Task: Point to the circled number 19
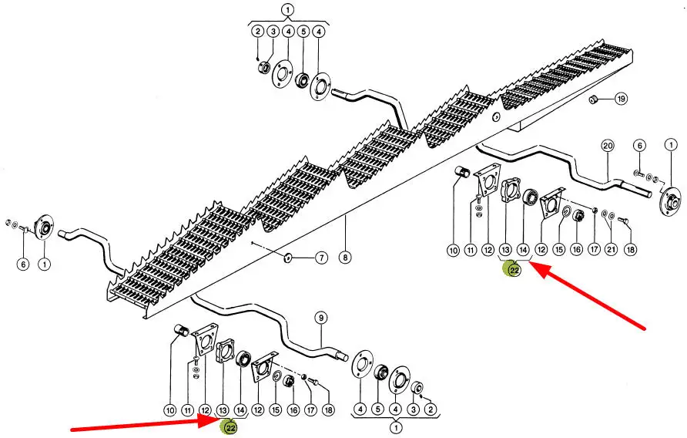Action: click(621, 99)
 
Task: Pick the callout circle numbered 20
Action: click(606, 146)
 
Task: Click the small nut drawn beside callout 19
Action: click(594, 99)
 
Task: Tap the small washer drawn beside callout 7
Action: click(287, 256)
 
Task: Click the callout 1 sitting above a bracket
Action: click(288, 11)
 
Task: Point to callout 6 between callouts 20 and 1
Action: click(638, 146)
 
